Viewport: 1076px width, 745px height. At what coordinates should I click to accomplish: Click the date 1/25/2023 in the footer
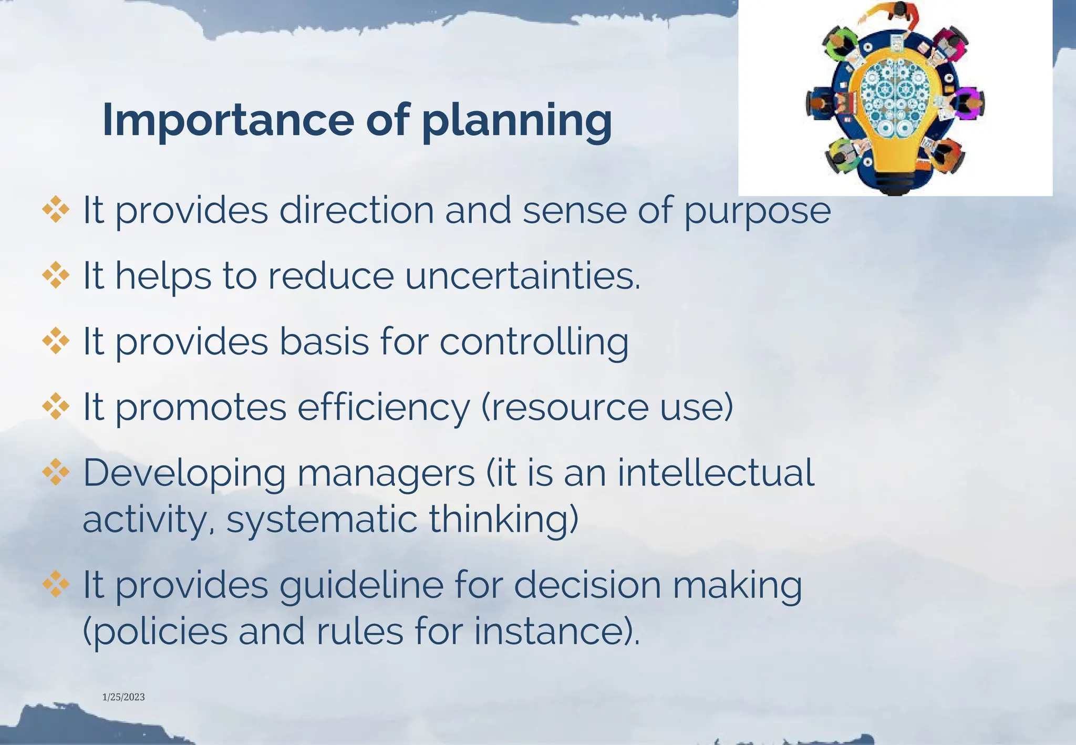123,697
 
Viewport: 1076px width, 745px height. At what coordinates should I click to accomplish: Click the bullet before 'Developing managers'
56,472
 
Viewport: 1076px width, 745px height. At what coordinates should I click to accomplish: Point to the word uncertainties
522,276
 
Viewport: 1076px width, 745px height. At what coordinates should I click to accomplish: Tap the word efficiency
384,408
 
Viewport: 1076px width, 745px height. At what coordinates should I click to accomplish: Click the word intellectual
716,472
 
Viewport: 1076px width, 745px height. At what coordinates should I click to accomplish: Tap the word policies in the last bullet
156,631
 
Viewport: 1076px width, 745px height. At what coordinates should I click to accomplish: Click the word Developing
184,473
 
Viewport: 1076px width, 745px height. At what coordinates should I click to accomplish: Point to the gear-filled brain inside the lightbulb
892,98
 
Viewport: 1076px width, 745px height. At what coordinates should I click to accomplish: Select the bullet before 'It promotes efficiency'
56,407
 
